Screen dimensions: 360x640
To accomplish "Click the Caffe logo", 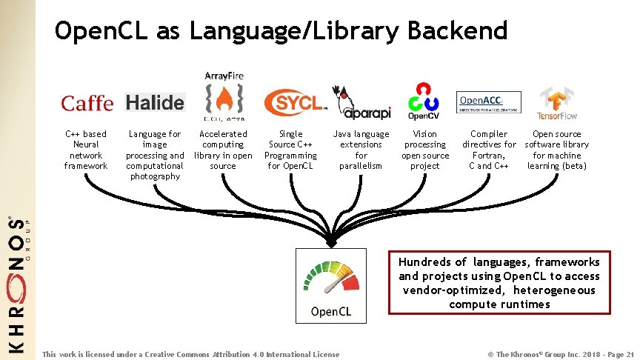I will click(87, 103).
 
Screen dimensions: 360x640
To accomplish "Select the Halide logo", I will click(155, 102).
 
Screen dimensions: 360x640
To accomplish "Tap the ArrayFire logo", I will click(224, 96).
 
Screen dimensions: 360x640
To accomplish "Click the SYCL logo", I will click(293, 102).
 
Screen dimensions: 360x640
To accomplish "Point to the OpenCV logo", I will click(424, 101).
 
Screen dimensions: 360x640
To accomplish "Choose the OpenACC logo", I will click(488, 102).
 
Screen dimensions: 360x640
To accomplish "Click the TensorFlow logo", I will click(557, 103).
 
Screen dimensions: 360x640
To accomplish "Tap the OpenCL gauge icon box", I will click(331, 285).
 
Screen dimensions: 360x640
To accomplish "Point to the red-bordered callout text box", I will click(499, 282).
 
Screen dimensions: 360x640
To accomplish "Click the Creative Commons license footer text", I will click(191, 354).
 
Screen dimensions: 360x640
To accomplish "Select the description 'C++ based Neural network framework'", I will click(86, 150).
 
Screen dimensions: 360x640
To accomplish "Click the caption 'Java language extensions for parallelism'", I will click(361, 150).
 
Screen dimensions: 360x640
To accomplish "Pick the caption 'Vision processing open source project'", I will click(425, 150).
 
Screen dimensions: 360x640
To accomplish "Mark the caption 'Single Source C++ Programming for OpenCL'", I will click(291, 150).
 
